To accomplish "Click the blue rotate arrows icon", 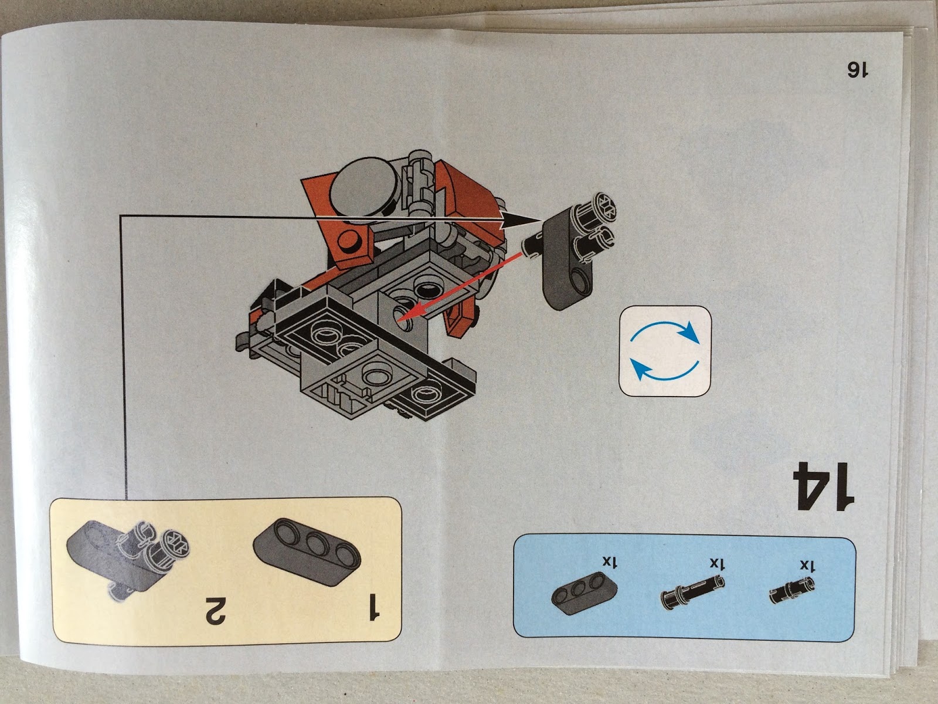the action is [x=665, y=351].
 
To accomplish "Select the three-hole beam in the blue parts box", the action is [x=584, y=593].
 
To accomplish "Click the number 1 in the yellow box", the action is [x=373, y=606].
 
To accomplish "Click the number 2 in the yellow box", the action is [x=216, y=611].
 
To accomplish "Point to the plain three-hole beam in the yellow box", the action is [x=307, y=551].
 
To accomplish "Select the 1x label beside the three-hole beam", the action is [x=608, y=561].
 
